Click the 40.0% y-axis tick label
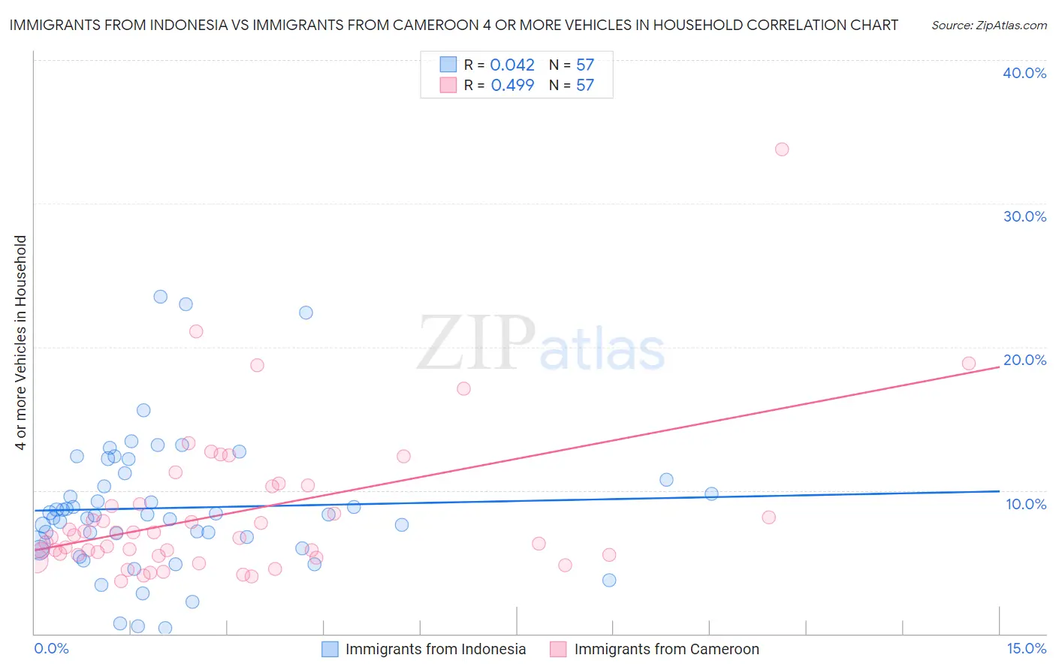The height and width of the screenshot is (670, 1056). pyautogui.click(x=1024, y=73)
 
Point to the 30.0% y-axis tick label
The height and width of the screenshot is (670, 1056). pyautogui.click(x=1024, y=216)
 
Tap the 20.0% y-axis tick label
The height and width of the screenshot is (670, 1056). pyautogui.click(x=1024, y=360)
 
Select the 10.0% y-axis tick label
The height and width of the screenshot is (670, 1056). pyautogui.click(x=1026, y=504)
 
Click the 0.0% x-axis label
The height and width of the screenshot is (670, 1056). pyautogui.click(x=51, y=648)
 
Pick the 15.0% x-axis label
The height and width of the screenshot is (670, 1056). pyautogui.click(x=1026, y=648)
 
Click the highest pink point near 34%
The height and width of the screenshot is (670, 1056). pyautogui.click(x=782, y=149)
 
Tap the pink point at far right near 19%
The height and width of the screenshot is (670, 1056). pyautogui.click(x=969, y=364)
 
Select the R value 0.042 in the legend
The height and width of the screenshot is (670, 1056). pyautogui.click(x=512, y=65)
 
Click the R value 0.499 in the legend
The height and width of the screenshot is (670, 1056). pyautogui.click(x=512, y=86)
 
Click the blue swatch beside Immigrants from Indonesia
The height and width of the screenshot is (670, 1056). pyautogui.click(x=330, y=649)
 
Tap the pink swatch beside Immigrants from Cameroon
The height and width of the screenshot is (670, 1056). pyautogui.click(x=558, y=649)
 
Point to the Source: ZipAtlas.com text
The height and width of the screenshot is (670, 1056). pyautogui.click(x=988, y=26)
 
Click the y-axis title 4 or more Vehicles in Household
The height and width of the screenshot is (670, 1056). pyautogui.click(x=21, y=343)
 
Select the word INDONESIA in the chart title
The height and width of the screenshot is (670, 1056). pyautogui.click(x=178, y=26)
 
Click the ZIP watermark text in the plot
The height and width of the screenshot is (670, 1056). pyautogui.click(x=476, y=344)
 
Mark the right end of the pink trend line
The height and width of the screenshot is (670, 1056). pyautogui.click(x=999, y=367)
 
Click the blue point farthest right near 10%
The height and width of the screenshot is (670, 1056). pyautogui.click(x=711, y=493)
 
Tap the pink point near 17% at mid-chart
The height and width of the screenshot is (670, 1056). pyautogui.click(x=463, y=388)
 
